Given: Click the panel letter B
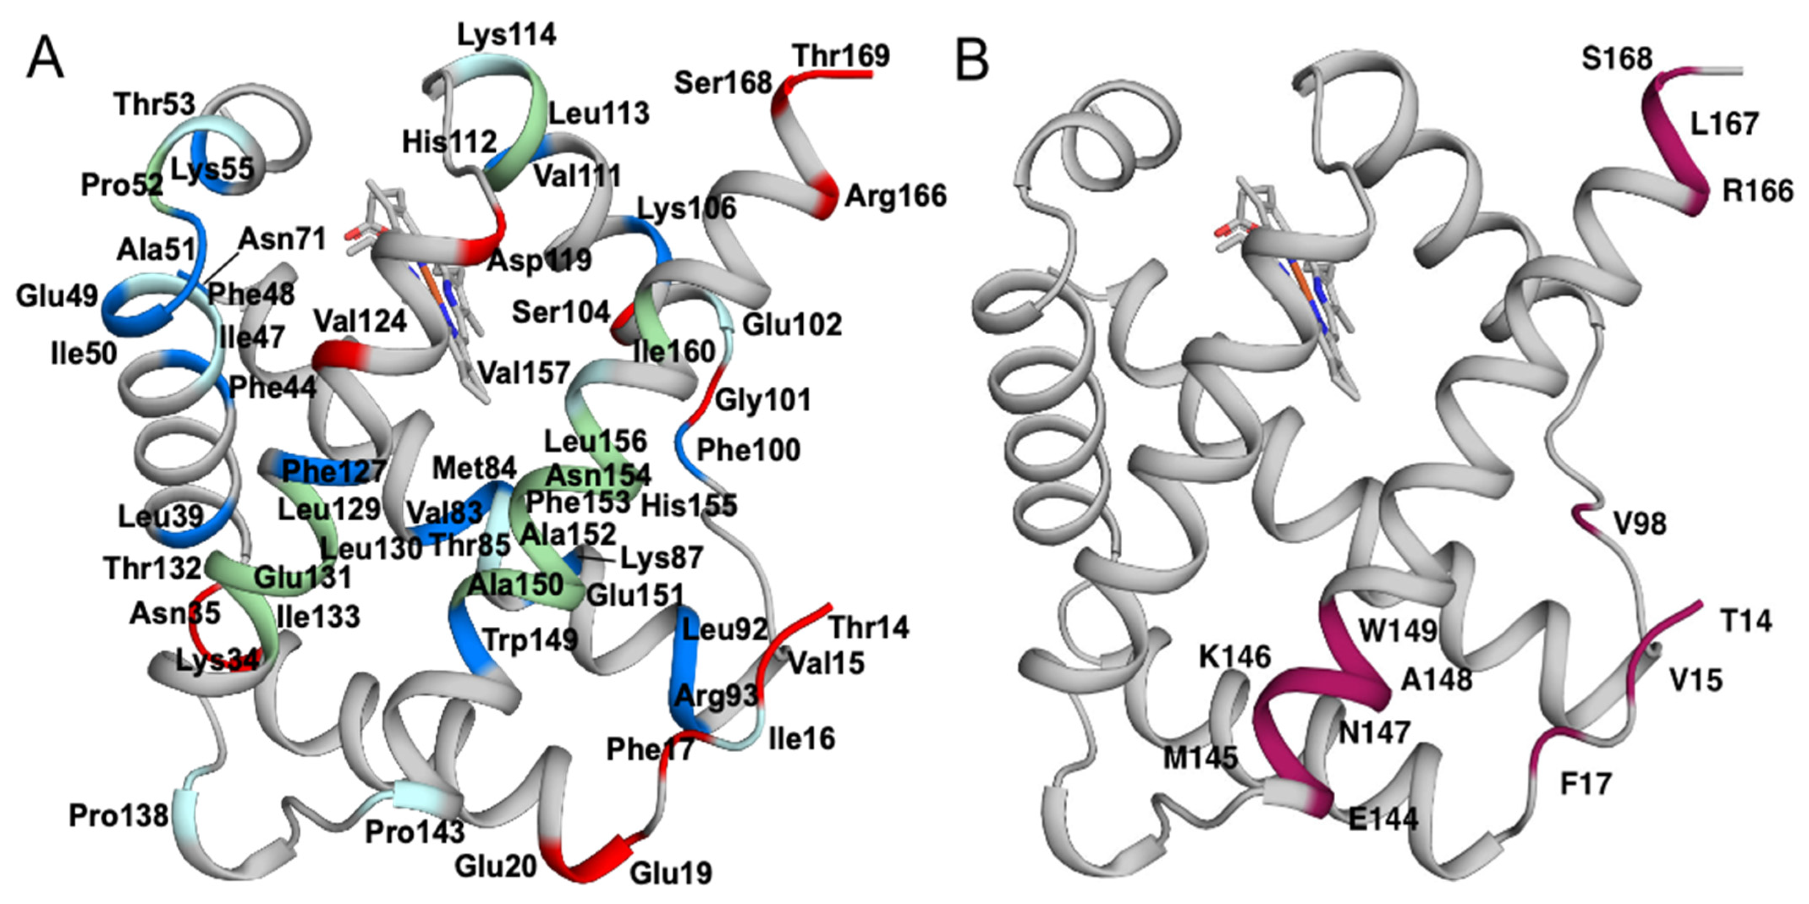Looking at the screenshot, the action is [973, 60].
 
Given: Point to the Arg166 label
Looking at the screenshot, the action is [895, 196].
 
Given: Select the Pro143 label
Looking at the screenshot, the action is [415, 832].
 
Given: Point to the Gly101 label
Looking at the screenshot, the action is [763, 400].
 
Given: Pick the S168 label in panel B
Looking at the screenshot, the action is [1617, 59].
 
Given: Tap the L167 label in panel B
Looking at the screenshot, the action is [1724, 124].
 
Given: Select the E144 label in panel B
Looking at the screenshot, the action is [1383, 818].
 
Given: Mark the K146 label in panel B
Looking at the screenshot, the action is [1235, 657].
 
